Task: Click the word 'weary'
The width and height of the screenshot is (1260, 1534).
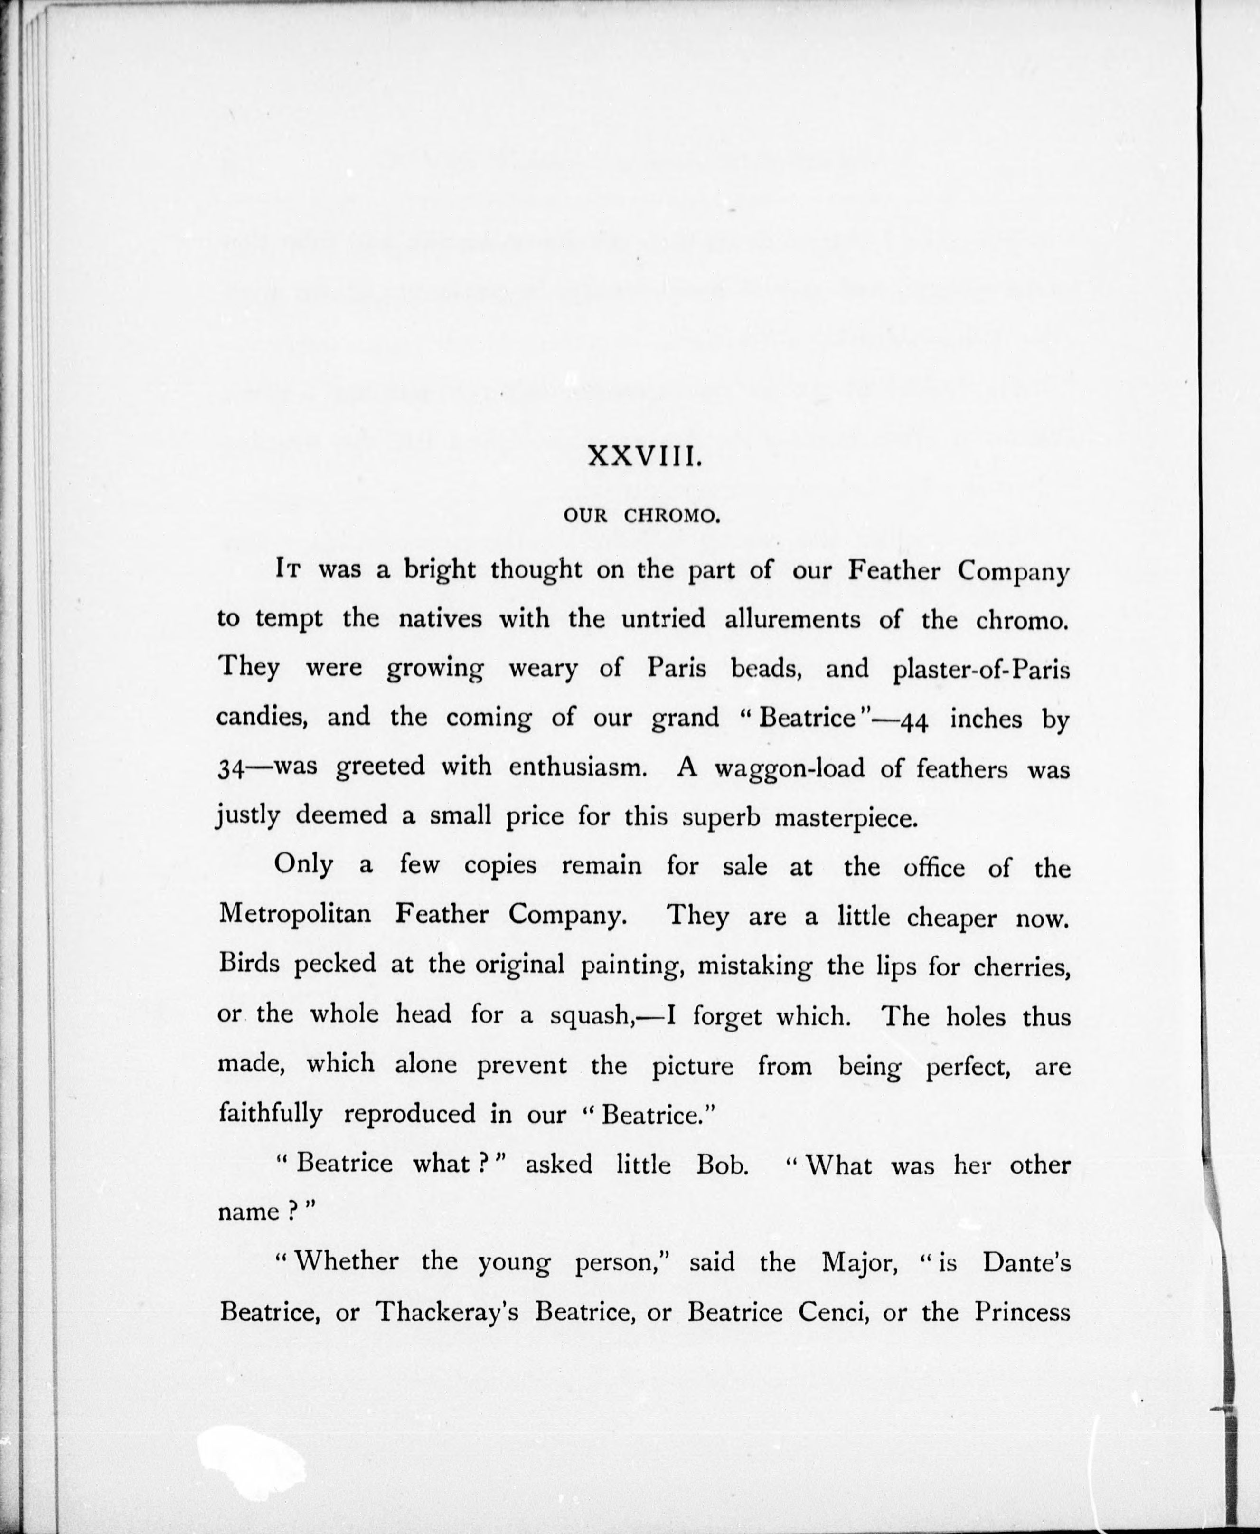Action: (543, 667)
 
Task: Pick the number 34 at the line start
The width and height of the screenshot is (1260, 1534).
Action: (231, 768)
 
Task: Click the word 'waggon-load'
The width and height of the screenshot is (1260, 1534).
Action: (790, 768)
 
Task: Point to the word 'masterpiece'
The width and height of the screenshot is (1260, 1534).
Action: (846, 817)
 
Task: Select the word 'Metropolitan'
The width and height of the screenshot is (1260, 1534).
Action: (295, 914)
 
